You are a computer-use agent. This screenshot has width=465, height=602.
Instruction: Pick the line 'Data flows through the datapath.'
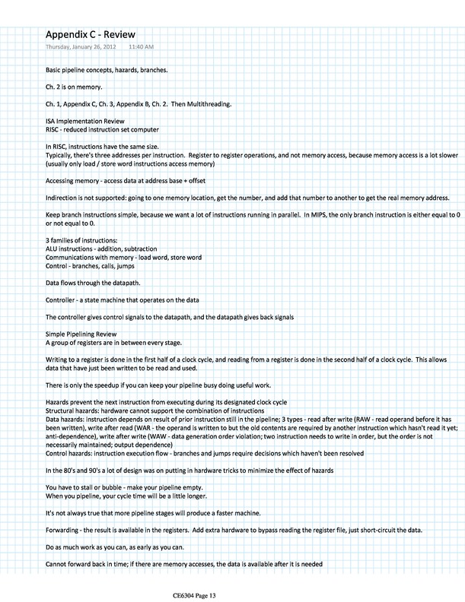click(x=94, y=261)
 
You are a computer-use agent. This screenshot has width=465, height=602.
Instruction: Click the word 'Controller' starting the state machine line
click(x=61, y=277)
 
